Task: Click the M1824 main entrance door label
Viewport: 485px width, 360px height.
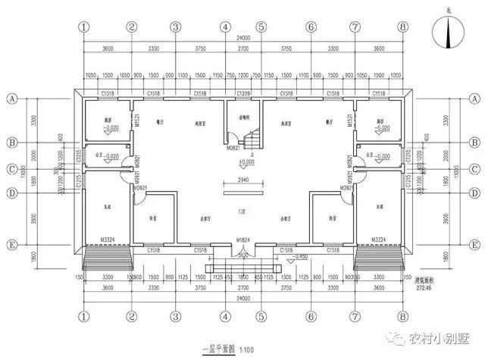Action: click(x=242, y=240)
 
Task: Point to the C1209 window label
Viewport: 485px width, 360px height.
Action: click(x=242, y=93)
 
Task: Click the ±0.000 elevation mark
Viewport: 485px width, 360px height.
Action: click(x=246, y=162)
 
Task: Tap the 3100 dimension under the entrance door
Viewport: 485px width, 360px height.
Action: click(x=242, y=256)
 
